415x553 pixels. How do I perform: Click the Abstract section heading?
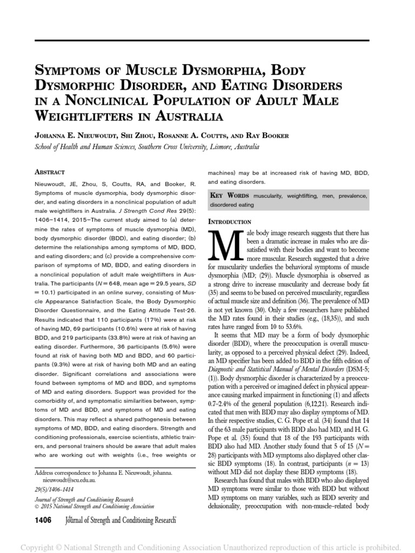point(50,172)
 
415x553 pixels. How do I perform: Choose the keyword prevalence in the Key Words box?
point(343,195)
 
